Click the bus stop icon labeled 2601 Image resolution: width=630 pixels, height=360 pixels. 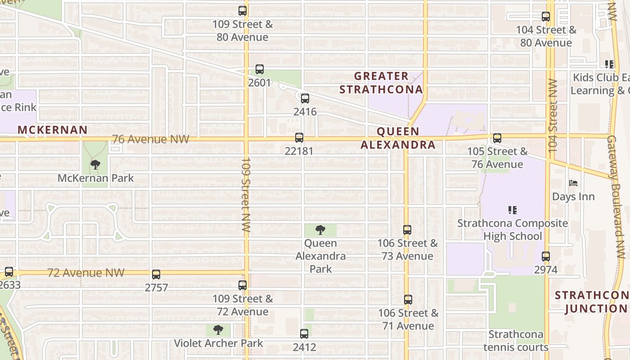tap(259, 69)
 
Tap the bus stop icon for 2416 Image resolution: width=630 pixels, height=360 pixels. tap(305, 98)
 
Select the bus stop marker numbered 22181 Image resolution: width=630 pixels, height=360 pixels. tap(299, 138)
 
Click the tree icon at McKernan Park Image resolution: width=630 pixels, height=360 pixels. tap(95, 165)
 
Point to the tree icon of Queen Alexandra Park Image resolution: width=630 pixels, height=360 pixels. tap(320, 230)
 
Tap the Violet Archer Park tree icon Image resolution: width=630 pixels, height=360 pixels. tap(218, 330)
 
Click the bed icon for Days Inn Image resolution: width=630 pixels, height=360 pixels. tap(573, 183)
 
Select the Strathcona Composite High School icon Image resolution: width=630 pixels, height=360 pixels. tap(512, 210)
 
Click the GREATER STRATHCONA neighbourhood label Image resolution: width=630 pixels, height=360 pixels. tap(381, 83)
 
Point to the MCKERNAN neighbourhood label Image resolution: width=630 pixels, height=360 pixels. tap(53, 130)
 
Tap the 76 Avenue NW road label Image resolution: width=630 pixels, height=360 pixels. tap(151, 139)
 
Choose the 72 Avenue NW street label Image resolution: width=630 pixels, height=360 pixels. tap(86, 273)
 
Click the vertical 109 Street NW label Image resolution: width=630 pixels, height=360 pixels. tap(246, 194)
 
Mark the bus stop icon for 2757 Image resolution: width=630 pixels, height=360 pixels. tap(156, 274)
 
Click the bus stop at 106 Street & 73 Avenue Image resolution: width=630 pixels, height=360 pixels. tap(407, 230)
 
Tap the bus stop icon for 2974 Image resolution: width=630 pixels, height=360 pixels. tap(546, 256)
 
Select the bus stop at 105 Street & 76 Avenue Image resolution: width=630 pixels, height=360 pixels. tap(497, 138)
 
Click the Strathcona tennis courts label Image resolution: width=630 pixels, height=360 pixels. tap(516, 341)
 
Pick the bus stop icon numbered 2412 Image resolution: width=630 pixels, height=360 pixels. tap(304, 334)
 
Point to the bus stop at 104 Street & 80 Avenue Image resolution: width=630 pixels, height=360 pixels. tap(546, 17)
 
